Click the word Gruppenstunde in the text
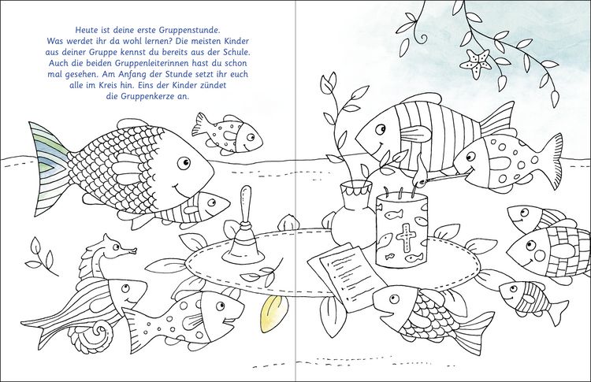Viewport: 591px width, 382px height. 192,30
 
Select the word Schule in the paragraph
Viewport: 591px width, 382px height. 232,52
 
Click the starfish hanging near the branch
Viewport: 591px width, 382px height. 476,63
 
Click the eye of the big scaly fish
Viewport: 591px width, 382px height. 184,163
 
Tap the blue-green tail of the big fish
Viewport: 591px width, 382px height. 49,168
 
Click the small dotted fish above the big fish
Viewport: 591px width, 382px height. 227,133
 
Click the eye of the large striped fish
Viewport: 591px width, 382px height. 381,129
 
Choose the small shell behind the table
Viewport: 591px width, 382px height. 288,222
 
